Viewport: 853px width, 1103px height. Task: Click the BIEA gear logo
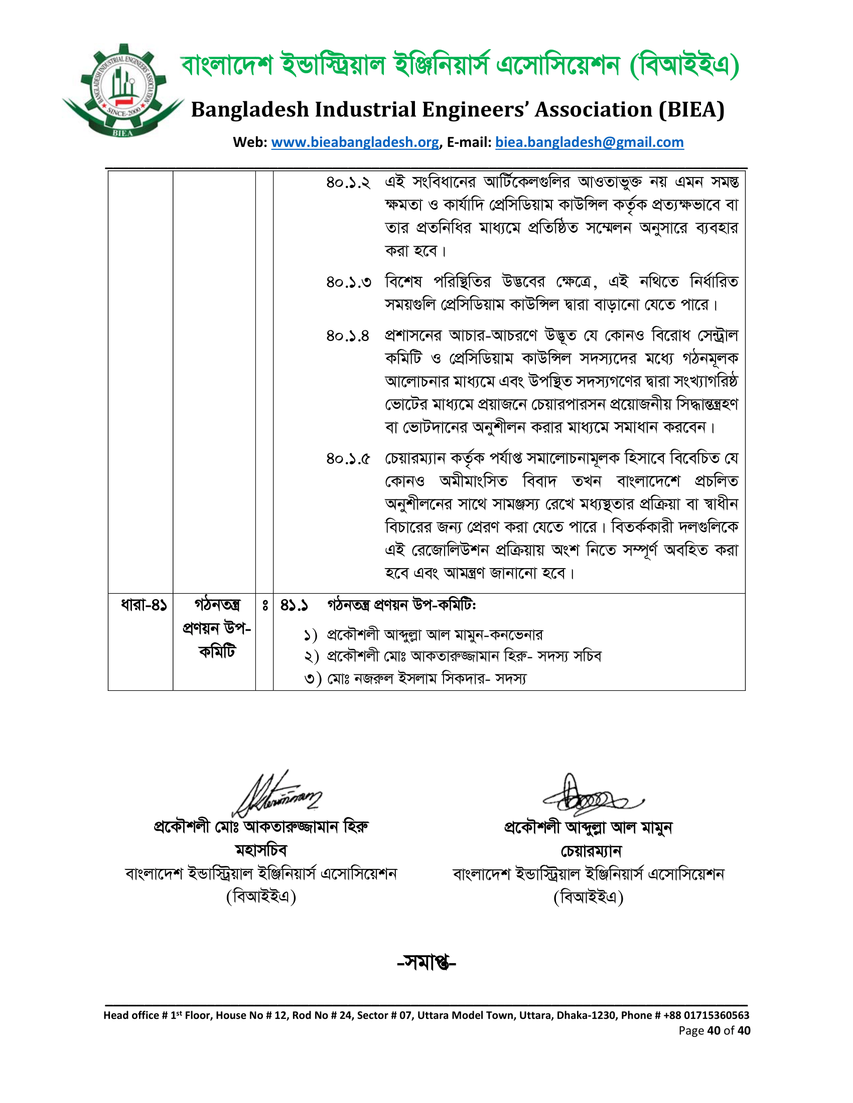click(123, 91)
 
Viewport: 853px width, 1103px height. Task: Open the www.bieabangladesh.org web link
click(355, 142)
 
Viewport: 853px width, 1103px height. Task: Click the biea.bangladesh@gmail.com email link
click(589, 142)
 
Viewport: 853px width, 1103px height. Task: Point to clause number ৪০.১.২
click(348, 182)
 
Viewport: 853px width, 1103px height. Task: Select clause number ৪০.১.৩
click(348, 282)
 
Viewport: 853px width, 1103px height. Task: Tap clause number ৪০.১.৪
click(348, 336)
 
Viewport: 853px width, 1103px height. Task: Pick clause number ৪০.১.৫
click(348, 459)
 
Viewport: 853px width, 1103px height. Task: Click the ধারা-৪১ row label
click(143, 605)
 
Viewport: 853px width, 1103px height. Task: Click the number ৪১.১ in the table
click(294, 605)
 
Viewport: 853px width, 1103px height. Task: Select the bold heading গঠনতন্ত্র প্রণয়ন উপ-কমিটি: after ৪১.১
click(402, 605)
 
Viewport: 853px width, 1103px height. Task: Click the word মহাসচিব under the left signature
click(261, 850)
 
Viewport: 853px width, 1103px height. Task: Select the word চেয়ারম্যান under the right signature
click(591, 851)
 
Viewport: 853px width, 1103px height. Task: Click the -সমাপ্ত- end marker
click(426, 963)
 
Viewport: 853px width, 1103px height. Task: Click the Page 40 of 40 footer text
click(714, 1031)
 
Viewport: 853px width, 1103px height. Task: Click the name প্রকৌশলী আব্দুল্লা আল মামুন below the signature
click(588, 828)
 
